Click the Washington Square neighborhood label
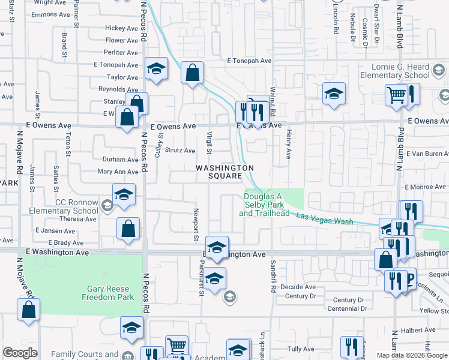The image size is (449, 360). click(223, 172)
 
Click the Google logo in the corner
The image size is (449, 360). click(20, 352)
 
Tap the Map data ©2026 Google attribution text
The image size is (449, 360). click(412, 355)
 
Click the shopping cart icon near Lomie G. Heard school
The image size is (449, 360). click(396, 95)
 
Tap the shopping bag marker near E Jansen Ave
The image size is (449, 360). click(128, 229)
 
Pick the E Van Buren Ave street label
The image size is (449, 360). click(427, 154)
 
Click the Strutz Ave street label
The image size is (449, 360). click(181, 151)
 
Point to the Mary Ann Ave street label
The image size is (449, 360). click(118, 172)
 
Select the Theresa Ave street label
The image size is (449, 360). click(78, 219)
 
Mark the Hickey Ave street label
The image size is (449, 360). click(121, 28)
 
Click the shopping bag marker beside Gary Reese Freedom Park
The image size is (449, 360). click(29, 311)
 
